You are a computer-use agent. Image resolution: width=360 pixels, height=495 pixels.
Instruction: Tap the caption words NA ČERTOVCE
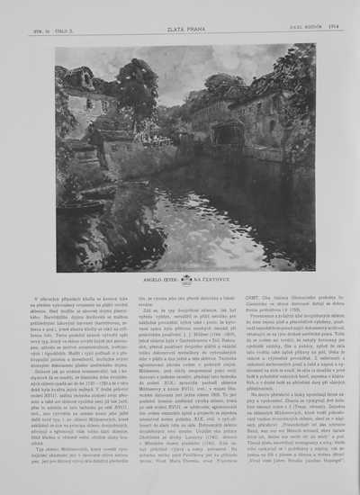coord(211,280)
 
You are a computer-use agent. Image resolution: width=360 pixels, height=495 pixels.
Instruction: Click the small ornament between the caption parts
coord(186,280)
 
